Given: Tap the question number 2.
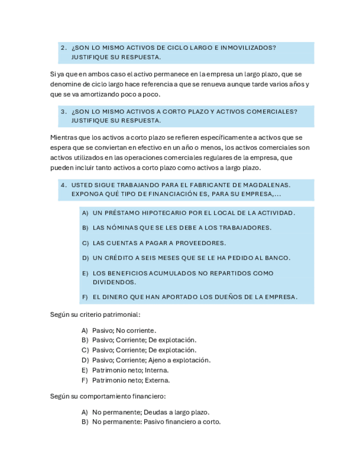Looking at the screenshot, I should click(x=64, y=48).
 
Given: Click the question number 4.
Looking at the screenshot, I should click(x=64, y=185).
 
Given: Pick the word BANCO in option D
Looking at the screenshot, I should click(x=277, y=258).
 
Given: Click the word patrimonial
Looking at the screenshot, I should click(x=122, y=315).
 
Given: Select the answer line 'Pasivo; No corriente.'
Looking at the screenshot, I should click(x=124, y=331).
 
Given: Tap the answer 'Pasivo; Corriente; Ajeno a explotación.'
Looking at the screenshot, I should click(x=151, y=360).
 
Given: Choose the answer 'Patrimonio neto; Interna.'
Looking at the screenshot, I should click(x=130, y=370).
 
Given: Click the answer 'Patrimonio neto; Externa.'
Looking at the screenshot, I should click(x=131, y=381).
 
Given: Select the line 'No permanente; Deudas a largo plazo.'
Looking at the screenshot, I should click(x=150, y=412).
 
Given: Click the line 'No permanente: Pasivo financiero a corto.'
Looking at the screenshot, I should click(x=156, y=422).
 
